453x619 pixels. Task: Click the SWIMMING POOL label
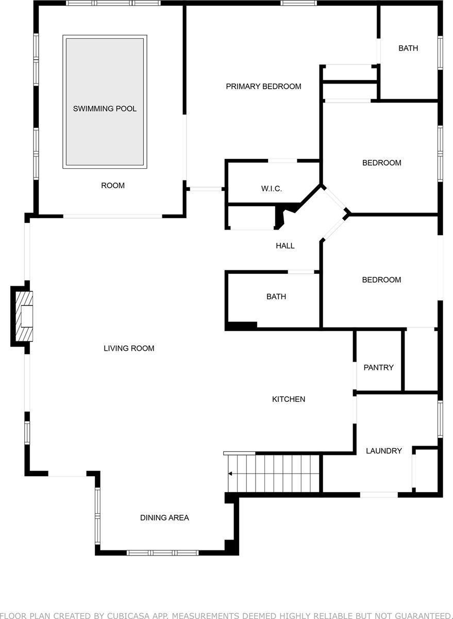coord(105,109)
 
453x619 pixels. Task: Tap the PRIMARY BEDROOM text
coord(263,86)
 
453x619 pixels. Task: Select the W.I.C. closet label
coord(271,189)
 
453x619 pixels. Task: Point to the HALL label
coord(285,246)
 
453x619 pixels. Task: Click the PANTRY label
coord(378,368)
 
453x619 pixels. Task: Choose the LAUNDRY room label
coord(383,451)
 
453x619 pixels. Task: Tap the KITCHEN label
coord(289,399)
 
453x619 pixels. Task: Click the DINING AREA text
coord(164,517)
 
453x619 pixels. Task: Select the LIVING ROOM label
coord(129,349)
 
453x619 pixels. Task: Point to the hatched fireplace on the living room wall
coord(23,316)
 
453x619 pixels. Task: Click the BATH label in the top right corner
coord(408,48)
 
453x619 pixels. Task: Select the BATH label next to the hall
coord(276,297)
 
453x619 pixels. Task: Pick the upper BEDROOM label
coord(381,163)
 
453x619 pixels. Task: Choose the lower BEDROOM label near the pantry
coord(381,280)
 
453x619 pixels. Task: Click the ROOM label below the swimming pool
coord(112,186)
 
